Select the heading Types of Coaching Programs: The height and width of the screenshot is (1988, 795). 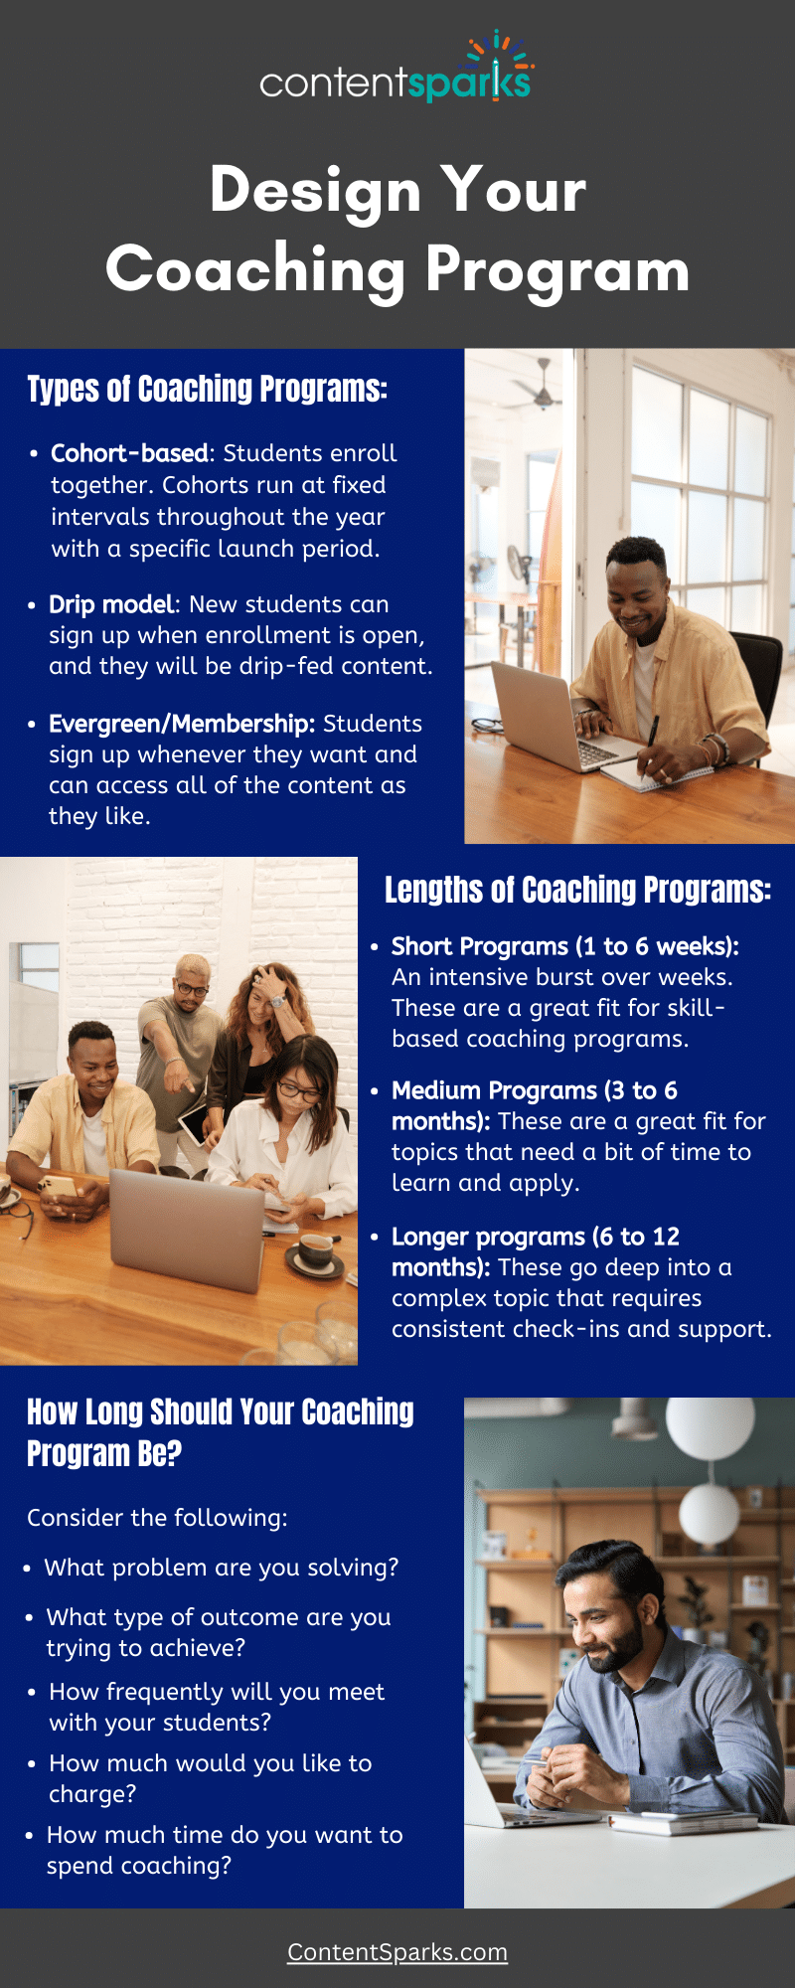pyautogui.click(x=207, y=389)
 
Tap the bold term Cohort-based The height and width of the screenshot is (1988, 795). pyautogui.click(x=129, y=453)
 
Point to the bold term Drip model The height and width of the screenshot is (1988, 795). pyautogui.click(x=111, y=604)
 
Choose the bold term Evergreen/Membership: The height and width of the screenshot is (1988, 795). pyautogui.click(x=182, y=724)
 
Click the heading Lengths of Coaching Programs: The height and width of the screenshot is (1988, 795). pyautogui.click(x=577, y=890)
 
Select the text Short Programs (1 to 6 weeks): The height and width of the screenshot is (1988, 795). pyautogui.click(x=564, y=946)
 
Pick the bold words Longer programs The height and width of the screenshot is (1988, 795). pyautogui.click(x=488, y=1237)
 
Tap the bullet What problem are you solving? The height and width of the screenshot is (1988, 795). pyautogui.click(x=221, y=1568)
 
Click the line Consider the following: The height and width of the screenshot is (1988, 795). pyautogui.click(x=157, y=1518)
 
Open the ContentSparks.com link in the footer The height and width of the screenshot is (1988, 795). pyautogui.click(x=397, y=1952)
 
